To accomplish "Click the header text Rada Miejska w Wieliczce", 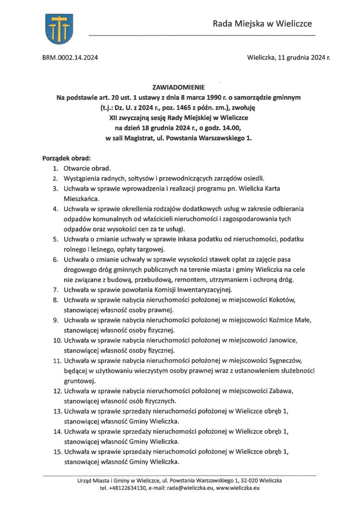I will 262,23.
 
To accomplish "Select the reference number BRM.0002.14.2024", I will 70,58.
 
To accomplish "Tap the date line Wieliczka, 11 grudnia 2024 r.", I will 288,58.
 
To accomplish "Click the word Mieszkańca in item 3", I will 81,199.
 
